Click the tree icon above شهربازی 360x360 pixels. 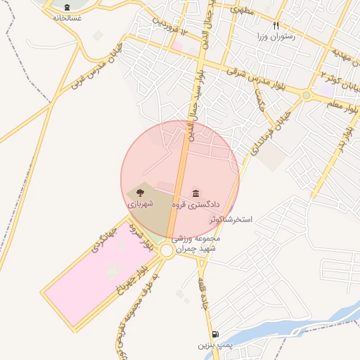(x=139, y=191)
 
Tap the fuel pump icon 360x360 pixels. (x=214, y=335)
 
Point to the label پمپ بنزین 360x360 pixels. (x=214, y=345)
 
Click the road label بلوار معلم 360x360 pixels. (x=344, y=105)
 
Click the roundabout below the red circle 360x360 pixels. (x=167, y=250)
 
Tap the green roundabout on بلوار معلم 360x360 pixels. (x=306, y=95)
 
